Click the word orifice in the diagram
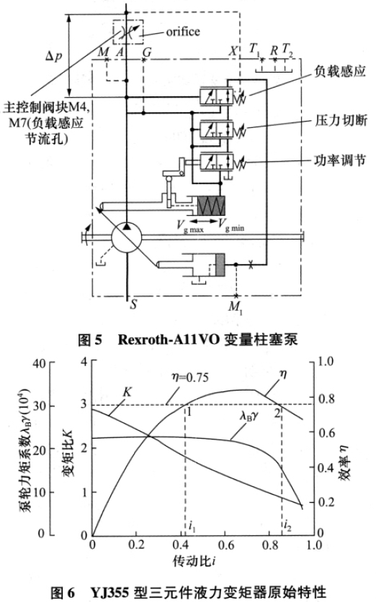(183, 31)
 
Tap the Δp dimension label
(53, 56)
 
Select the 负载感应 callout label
(339, 71)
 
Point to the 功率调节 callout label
(340, 160)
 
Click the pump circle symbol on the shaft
(127, 237)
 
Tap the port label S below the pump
(133, 305)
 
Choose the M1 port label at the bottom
(235, 308)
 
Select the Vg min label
(231, 225)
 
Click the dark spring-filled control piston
(211, 206)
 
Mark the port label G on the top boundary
(147, 53)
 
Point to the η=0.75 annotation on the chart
(190, 378)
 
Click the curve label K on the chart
(127, 392)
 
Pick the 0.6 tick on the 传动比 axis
(225, 544)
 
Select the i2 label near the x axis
(287, 525)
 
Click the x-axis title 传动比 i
(194, 561)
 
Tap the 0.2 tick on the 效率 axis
(326, 502)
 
